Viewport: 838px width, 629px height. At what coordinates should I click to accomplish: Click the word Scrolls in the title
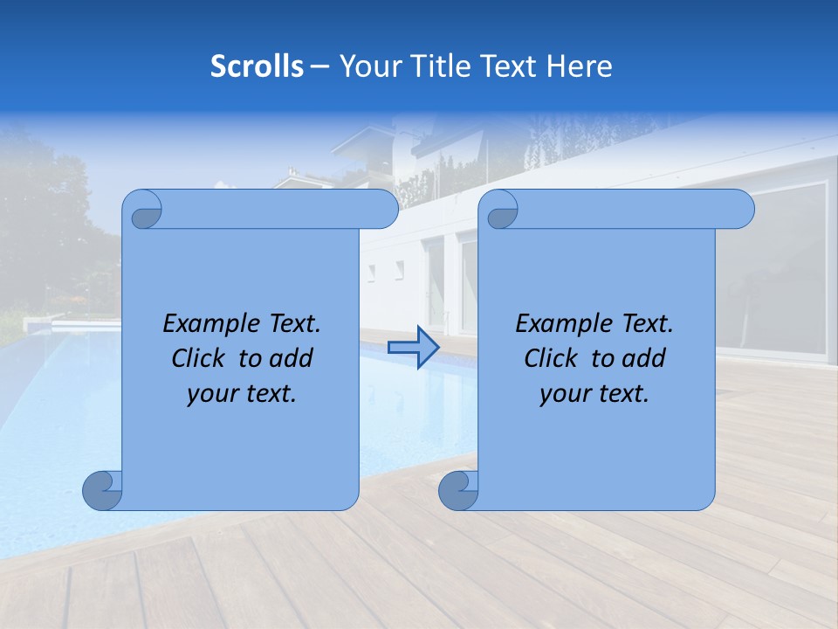pyautogui.click(x=257, y=66)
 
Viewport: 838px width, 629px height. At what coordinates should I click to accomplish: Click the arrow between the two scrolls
pyautogui.click(x=413, y=348)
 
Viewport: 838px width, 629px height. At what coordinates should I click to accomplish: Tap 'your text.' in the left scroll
pyautogui.click(x=242, y=394)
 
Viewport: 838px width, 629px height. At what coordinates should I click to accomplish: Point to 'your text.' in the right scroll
pyautogui.click(x=594, y=394)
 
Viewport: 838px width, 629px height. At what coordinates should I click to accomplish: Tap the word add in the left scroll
pyautogui.click(x=293, y=358)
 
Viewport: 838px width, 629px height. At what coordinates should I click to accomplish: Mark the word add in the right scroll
pyautogui.click(x=646, y=358)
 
